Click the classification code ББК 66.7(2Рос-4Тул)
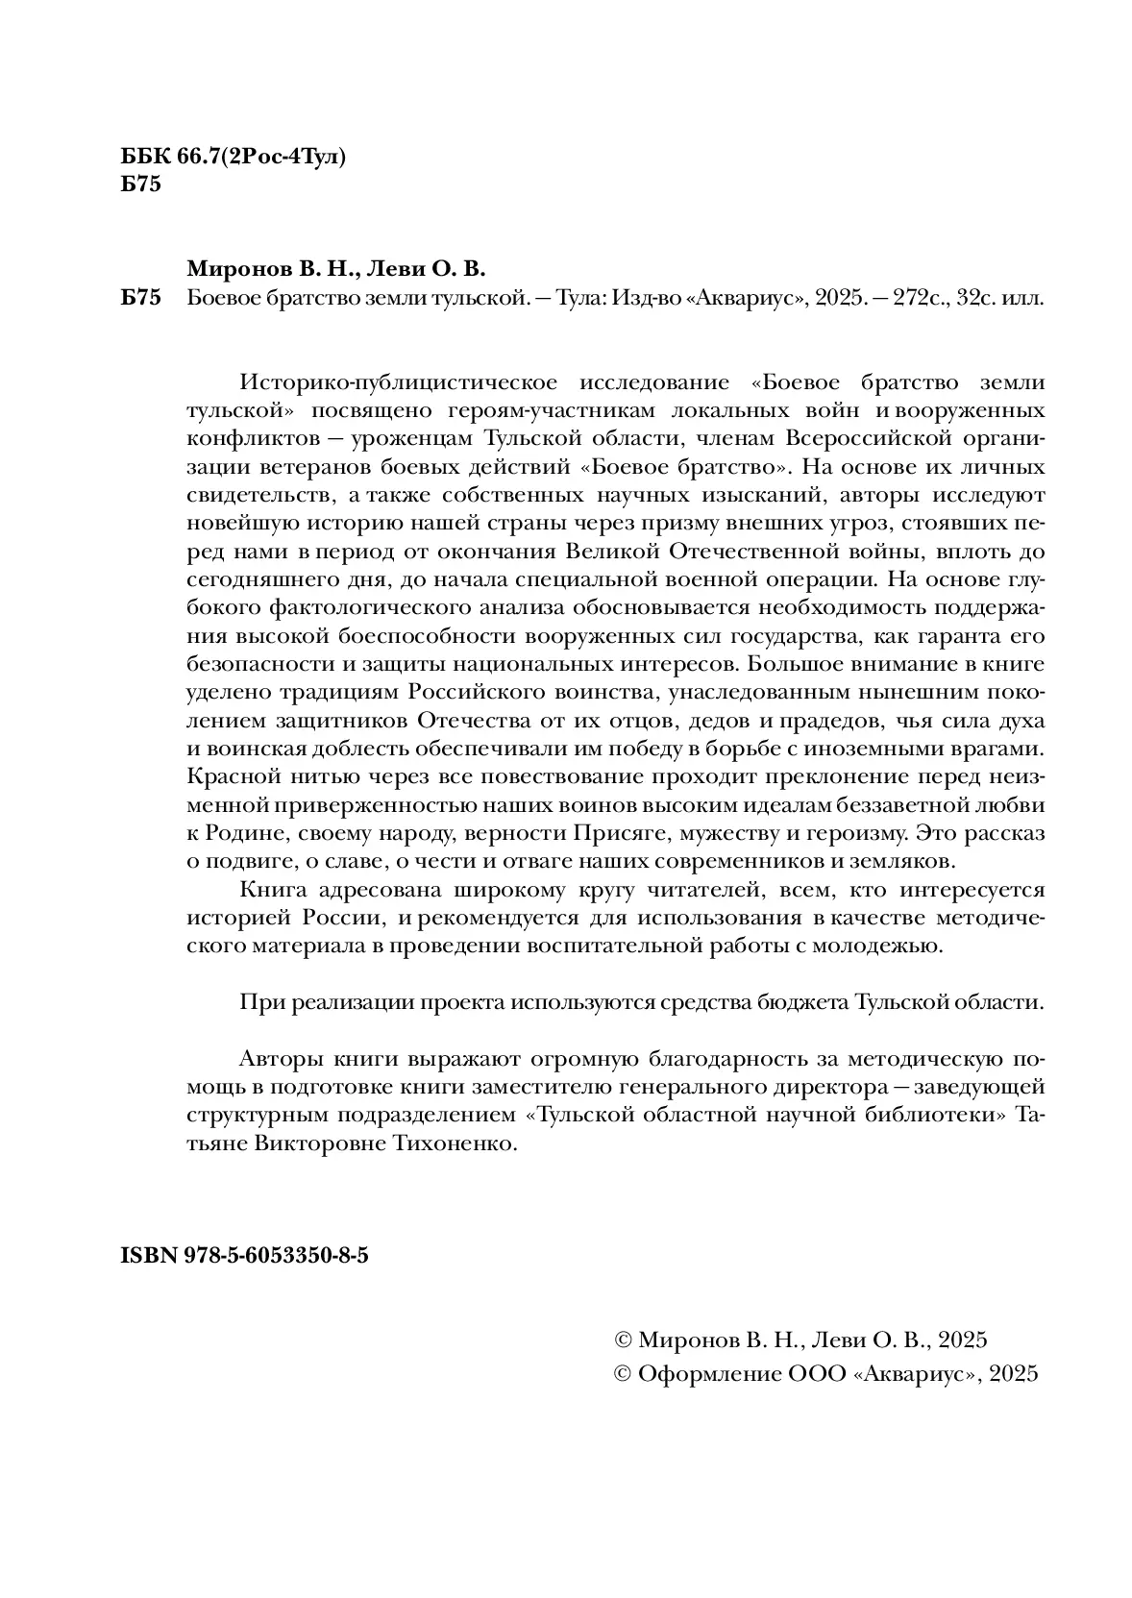pos(234,158)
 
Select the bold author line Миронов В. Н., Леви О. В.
pos(337,268)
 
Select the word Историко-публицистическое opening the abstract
pos(398,382)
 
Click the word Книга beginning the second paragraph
pos(271,890)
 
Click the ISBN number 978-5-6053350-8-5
pos(274,1256)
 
